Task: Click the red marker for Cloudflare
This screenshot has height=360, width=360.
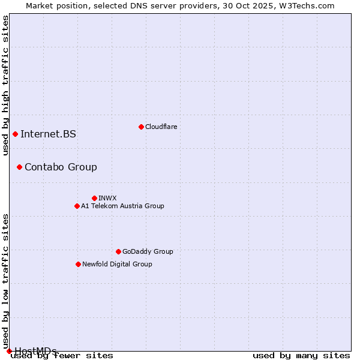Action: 141,127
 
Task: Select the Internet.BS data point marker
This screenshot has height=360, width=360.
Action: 15,134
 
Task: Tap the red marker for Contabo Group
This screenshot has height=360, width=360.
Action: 19,167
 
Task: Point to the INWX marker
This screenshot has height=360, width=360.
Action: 94,198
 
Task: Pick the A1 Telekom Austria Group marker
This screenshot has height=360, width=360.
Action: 77,206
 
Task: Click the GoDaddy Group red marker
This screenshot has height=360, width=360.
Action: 118,251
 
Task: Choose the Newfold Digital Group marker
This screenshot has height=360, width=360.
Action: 78,264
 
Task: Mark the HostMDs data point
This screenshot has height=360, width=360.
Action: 9,351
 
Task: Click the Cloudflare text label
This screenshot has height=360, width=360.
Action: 161,127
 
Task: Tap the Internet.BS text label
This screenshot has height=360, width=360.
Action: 48,134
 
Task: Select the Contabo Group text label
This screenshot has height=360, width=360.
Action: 61,167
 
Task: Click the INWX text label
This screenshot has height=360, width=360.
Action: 107,198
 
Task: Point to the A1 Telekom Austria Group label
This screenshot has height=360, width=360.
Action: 122,206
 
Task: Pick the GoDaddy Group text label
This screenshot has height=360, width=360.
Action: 148,251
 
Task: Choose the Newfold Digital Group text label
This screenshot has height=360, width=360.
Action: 117,264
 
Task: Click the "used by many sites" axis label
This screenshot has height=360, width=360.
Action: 301,355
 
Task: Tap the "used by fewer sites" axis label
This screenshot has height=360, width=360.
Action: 62,355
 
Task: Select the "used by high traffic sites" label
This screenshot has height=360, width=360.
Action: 5,85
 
